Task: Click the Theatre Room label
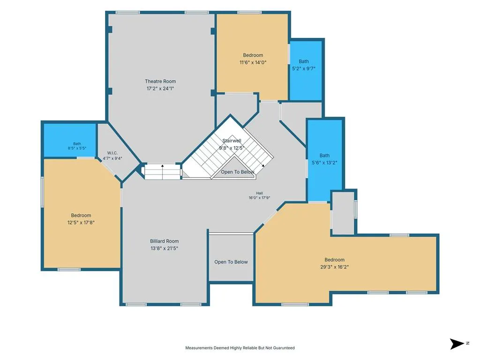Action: (x=160, y=82)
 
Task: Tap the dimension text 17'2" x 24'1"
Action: (x=160, y=89)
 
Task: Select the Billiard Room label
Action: (x=165, y=241)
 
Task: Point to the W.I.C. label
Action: (x=112, y=153)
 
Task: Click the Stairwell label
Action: (x=232, y=141)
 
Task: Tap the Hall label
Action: (x=259, y=193)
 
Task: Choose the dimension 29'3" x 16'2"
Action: (x=335, y=267)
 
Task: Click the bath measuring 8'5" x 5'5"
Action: (x=70, y=140)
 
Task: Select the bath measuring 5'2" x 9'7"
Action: (x=306, y=71)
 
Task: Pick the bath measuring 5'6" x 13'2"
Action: (x=325, y=160)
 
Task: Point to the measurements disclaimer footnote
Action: (x=240, y=348)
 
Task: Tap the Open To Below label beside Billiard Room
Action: (x=231, y=262)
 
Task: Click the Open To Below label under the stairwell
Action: (x=238, y=172)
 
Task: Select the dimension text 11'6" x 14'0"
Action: (x=253, y=62)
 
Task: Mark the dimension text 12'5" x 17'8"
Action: (x=81, y=223)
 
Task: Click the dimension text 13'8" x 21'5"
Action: (x=165, y=248)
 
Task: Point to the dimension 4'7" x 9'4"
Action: (x=112, y=158)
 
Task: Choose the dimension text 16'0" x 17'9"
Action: (x=259, y=198)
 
